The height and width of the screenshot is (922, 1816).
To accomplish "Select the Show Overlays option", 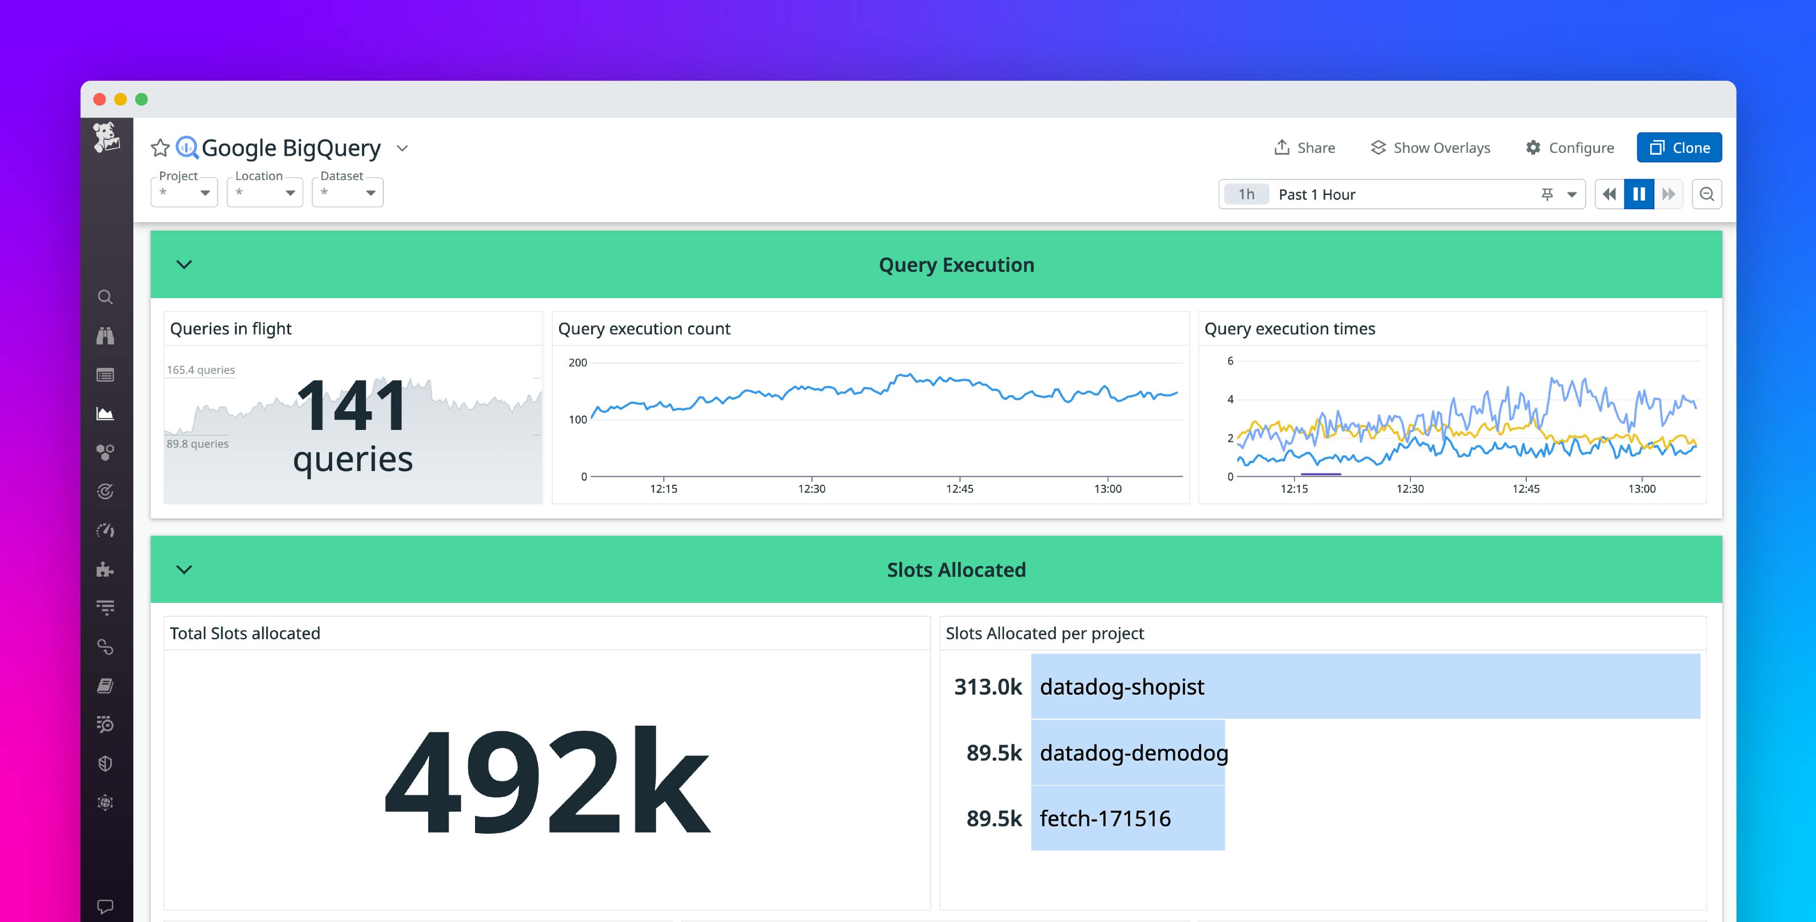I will (x=1430, y=147).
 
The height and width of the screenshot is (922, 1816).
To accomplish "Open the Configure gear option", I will (x=1569, y=147).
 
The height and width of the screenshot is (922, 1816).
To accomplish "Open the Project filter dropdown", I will (x=184, y=193).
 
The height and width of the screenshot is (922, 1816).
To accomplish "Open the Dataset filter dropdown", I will (x=347, y=193).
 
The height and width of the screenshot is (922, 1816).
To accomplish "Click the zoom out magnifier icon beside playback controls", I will (x=1707, y=194).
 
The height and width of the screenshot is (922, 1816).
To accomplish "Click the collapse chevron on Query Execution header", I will (x=184, y=264).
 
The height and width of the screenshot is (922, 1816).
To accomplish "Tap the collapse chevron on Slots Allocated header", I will (x=184, y=569).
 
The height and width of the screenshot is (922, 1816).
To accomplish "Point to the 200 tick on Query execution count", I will (x=577, y=362).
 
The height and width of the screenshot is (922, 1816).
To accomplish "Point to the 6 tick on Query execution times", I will (x=1230, y=361).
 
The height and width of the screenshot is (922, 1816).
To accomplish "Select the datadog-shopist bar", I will (x=1365, y=686).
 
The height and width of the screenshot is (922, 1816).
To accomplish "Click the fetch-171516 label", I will (x=1105, y=818).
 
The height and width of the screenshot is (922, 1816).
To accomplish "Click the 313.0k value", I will (x=988, y=686).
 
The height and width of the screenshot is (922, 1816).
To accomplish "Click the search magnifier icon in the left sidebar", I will (x=105, y=297).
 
